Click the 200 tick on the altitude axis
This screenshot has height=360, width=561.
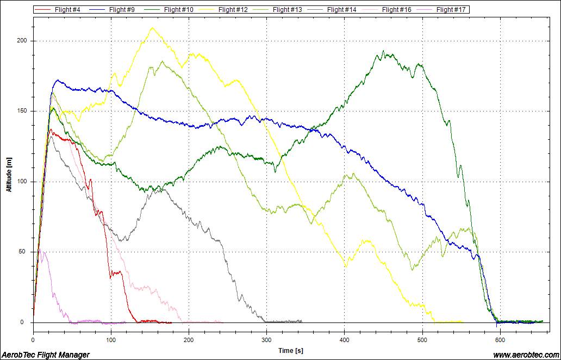(x=22, y=41)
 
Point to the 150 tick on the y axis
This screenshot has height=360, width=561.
(x=22, y=111)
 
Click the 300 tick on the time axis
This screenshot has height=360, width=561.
(x=266, y=340)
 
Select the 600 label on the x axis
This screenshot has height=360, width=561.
(x=500, y=340)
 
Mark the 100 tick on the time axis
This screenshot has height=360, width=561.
(x=111, y=340)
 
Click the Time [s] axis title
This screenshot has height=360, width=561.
(x=291, y=351)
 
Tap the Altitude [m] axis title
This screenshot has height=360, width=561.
(x=9, y=174)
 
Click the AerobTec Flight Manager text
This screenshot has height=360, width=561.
(x=46, y=355)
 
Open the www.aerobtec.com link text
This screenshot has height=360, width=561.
(x=525, y=355)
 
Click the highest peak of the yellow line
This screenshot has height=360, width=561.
(x=152, y=28)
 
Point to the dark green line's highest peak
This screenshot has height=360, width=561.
(x=384, y=51)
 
